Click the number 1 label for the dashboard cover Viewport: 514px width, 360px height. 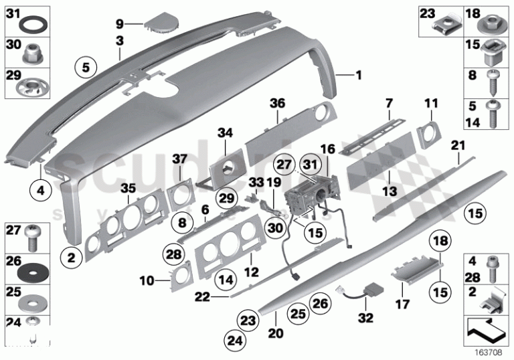pos(357,76)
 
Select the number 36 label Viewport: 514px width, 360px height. pos(277,103)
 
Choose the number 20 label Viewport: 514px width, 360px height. pos(276,333)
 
